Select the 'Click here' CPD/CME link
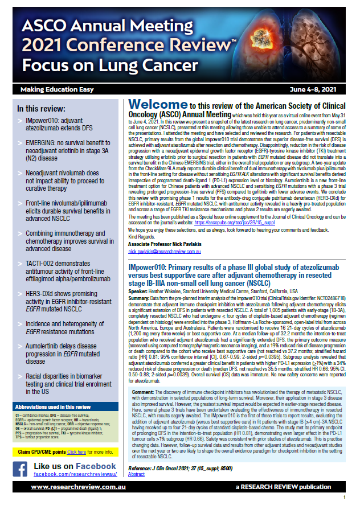tap(76, 436)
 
